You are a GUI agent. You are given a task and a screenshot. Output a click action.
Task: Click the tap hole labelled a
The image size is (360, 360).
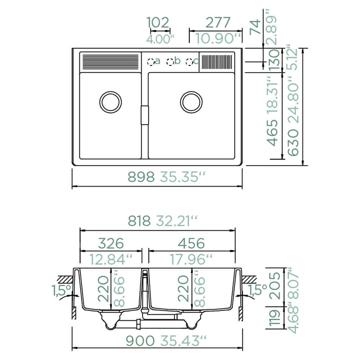pos(151,62)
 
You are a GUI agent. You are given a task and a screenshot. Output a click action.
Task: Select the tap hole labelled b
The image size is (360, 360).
pos(170,62)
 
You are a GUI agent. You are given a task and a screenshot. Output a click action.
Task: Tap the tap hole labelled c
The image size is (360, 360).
pos(189,62)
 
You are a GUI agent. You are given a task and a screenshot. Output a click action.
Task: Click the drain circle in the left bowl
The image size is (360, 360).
pos(111,102)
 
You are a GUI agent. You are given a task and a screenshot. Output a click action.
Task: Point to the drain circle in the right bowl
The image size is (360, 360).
pos(191,102)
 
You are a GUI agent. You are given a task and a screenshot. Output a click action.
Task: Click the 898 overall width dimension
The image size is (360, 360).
pos(141,177)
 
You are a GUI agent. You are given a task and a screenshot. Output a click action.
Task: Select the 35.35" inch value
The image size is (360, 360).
pos(182,177)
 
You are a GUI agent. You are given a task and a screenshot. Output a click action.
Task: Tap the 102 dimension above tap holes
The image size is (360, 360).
pos(158,22)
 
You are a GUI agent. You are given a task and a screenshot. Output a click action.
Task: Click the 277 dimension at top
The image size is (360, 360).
pos(218,22)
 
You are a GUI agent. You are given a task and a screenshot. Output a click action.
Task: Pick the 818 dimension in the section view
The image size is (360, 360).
pos(139,221)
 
